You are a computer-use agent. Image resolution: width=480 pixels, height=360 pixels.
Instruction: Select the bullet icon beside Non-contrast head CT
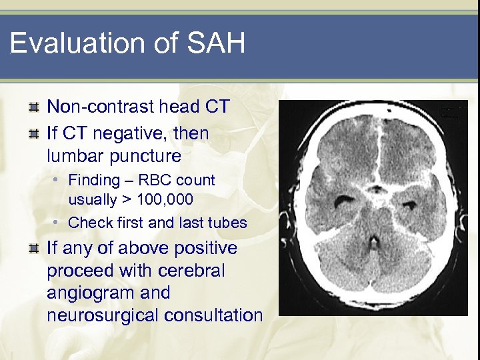(33, 107)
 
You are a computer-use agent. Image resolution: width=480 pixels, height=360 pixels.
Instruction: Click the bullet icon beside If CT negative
(33, 133)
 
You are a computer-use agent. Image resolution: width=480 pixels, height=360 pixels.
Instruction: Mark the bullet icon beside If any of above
(33, 249)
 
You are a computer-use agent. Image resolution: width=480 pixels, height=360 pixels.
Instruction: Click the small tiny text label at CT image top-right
(453, 111)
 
